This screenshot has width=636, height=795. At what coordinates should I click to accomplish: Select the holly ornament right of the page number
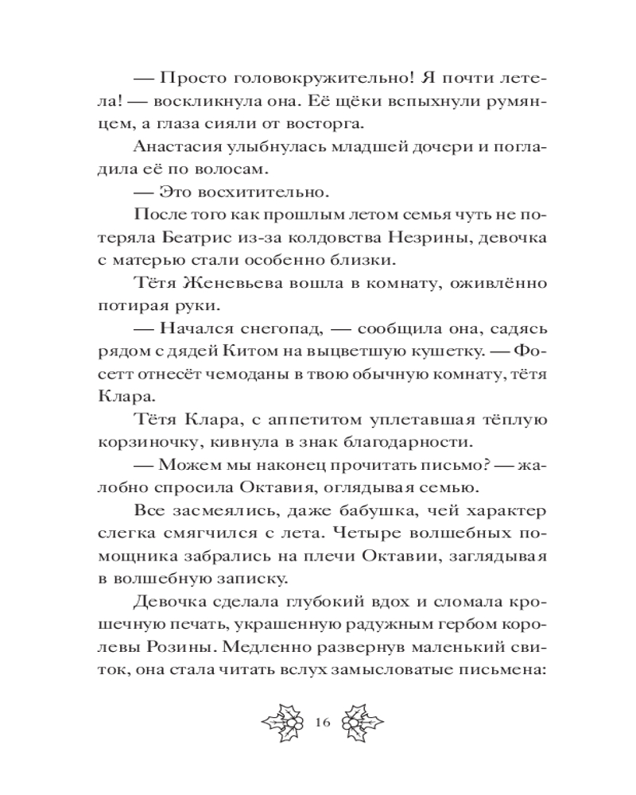point(360,723)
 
